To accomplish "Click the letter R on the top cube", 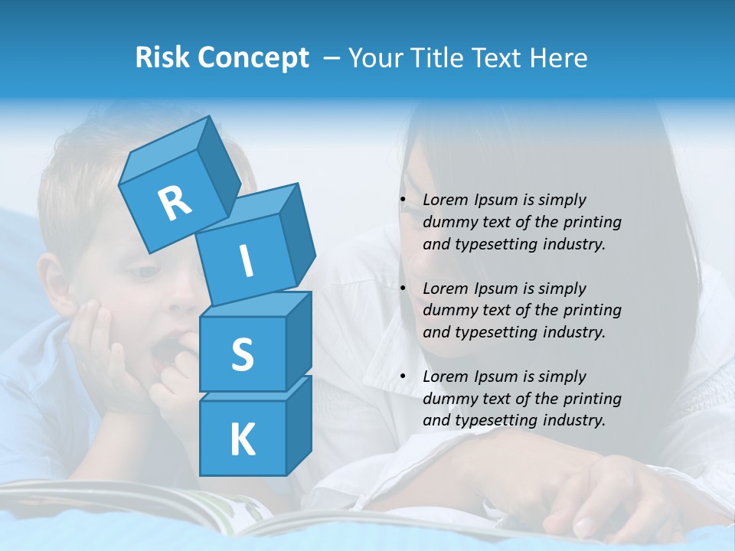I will point(175,203).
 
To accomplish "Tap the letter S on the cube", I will point(242,354).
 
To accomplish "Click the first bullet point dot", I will point(403,201).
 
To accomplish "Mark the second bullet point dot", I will point(403,289).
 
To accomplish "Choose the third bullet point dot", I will point(403,377).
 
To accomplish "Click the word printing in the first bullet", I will point(592,223).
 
